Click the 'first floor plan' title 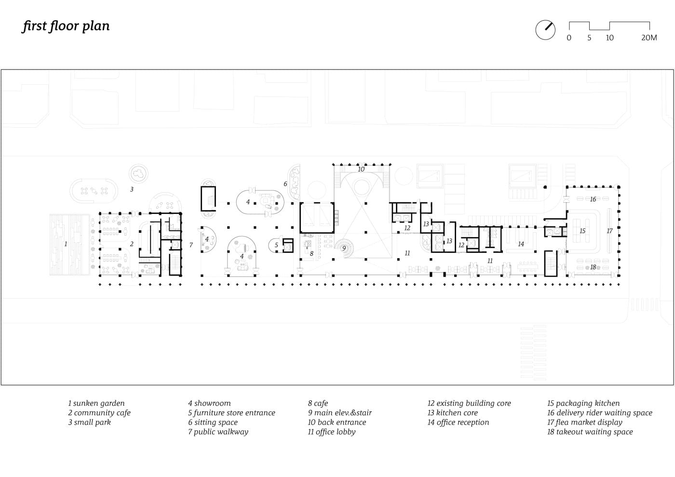[66, 26]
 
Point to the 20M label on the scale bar [649, 38]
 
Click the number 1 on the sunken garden [66, 244]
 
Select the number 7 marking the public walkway [191, 245]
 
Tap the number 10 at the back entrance [361, 169]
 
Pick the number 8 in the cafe [311, 253]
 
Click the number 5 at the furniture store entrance [276, 245]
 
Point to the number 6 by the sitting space [285, 184]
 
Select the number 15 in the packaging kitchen [582, 231]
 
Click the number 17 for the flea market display [609, 231]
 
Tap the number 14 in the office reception [521, 244]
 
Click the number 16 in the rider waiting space [593, 199]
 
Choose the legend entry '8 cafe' [318, 403]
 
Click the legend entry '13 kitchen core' [453, 412]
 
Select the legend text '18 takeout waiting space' [590, 432]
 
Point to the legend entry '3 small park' [90, 422]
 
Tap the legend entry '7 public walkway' [218, 432]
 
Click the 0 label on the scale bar [569, 38]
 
